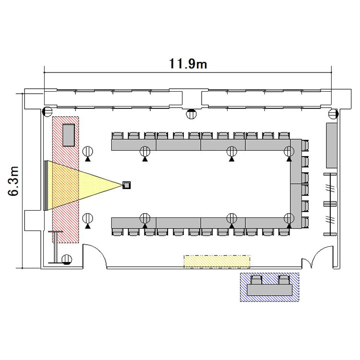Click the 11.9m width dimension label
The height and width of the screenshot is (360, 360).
[188, 63]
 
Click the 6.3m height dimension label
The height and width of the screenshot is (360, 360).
[13, 181]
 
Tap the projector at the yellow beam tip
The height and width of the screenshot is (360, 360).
[126, 185]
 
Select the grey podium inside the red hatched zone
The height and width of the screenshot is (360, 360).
[69, 135]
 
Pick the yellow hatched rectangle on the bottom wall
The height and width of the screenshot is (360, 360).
[217, 262]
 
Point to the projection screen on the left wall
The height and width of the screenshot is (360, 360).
[46, 185]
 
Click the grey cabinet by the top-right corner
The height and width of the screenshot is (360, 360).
[332, 145]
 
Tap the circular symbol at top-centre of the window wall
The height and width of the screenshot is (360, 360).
[191, 114]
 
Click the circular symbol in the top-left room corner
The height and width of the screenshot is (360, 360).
[48, 112]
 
